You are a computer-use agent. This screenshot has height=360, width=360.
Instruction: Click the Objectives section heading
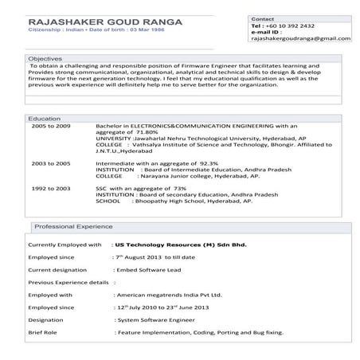(x=45, y=59)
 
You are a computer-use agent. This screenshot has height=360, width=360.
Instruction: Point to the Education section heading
(x=44, y=118)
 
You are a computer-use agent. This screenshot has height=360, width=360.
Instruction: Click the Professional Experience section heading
(x=73, y=226)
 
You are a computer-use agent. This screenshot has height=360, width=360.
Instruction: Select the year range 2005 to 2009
(x=51, y=127)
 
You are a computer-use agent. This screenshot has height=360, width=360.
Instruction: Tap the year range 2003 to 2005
(x=51, y=162)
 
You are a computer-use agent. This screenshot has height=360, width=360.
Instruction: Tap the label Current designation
(x=57, y=270)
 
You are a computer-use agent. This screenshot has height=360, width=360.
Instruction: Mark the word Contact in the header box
(x=263, y=18)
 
